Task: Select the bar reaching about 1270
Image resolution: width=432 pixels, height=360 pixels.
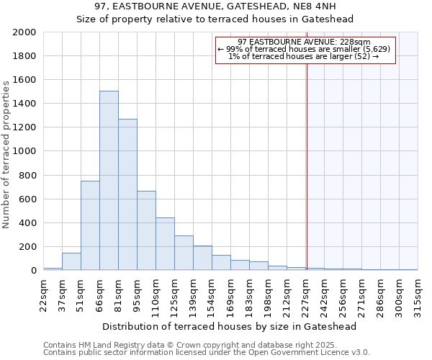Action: (127, 194)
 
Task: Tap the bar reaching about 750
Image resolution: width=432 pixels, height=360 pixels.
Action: (90, 225)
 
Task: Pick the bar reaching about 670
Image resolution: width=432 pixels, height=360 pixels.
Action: (146, 230)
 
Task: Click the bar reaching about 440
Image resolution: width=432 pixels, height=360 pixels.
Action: (165, 244)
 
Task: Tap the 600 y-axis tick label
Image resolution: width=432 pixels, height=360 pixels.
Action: (29, 199)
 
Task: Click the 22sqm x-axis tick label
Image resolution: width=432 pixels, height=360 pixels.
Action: (43, 293)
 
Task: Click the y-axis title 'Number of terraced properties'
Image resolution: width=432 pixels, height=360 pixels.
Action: (7, 155)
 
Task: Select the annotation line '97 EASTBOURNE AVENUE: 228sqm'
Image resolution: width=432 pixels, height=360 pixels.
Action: (304, 42)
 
